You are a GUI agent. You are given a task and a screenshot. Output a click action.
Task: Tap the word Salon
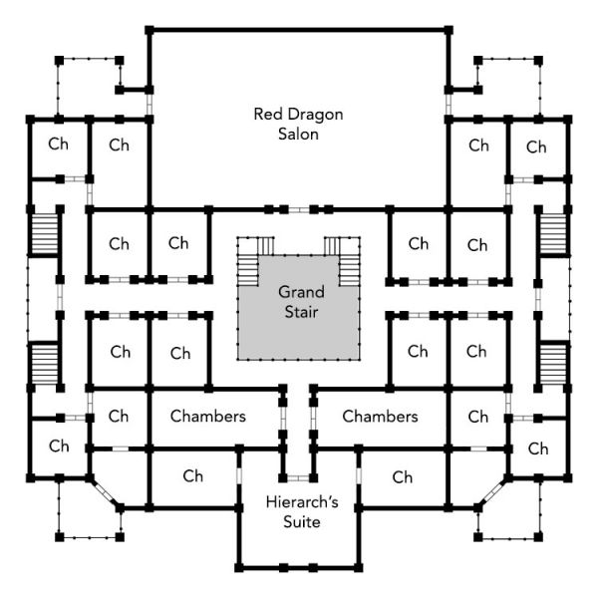[298, 134]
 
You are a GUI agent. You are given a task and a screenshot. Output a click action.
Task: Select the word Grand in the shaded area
[298, 292]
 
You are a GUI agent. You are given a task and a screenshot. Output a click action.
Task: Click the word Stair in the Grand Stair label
[298, 312]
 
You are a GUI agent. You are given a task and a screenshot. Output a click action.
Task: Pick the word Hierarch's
[299, 501]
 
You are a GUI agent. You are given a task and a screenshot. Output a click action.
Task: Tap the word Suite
[299, 521]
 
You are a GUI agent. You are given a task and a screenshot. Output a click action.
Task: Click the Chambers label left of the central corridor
[207, 416]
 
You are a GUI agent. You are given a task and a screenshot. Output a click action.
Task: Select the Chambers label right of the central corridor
[380, 416]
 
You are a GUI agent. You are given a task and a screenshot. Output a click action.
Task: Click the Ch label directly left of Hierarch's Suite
[193, 476]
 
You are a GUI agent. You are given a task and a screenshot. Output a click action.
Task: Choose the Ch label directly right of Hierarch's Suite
[402, 477]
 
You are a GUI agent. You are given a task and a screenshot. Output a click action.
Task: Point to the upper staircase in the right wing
[553, 234]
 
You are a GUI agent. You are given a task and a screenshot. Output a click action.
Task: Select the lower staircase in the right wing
[553, 361]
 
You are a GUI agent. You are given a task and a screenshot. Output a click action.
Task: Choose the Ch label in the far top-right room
[537, 148]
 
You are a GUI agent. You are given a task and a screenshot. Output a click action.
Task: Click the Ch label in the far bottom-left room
[59, 446]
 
